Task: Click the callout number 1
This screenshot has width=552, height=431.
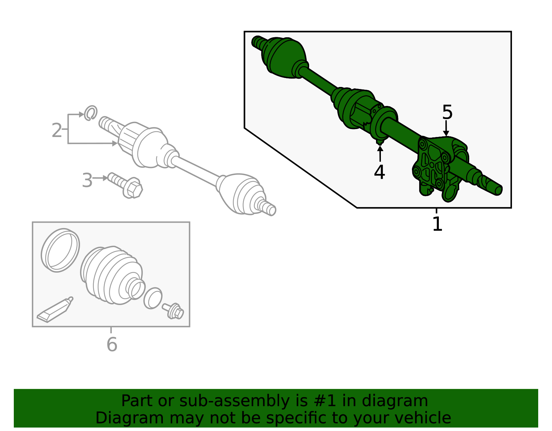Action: [437, 224]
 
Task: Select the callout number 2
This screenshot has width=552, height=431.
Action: [56, 130]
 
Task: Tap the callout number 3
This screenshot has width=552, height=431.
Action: [87, 180]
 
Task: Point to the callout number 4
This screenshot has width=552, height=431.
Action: [379, 172]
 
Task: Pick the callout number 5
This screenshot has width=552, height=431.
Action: [447, 112]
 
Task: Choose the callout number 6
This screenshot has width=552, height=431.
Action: [112, 344]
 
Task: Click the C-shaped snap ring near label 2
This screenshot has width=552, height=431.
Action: [90, 113]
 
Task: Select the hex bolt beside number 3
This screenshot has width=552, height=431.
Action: [125, 185]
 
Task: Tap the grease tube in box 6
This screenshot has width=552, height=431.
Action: [55, 310]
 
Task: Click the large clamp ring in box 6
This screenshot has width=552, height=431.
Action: [60, 251]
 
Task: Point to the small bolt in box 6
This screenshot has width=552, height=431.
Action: [173, 311]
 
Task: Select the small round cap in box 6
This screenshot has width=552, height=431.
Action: [153, 298]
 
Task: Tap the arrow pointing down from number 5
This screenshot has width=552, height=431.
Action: [446, 128]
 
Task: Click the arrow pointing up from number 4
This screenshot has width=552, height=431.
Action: [380, 154]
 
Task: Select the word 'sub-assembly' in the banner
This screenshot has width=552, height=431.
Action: [234, 401]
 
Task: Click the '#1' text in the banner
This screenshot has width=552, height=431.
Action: [325, 401]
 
